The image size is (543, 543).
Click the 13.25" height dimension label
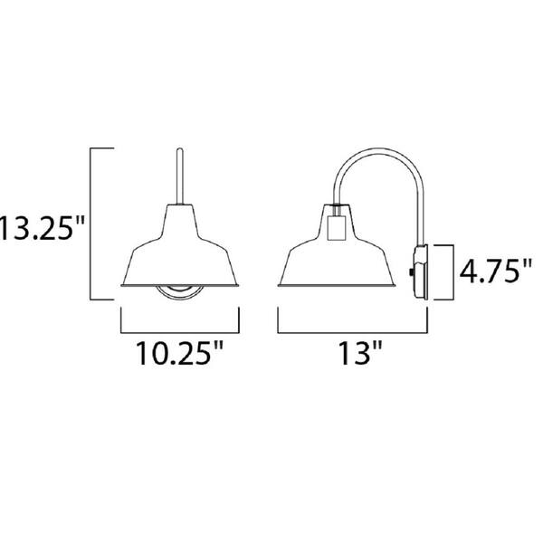tap(42, 229)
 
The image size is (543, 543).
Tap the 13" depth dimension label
tap(360, 353)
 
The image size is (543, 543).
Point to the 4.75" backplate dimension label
tap(495, 271)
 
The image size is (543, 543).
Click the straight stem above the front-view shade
tap(180, 176)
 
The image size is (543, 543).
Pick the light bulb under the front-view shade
tap(179, 292)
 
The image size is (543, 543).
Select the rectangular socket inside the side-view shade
tap(336, 227)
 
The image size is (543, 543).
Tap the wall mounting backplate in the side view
tap(422, 272)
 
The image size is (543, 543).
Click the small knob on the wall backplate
tap(411, 273)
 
